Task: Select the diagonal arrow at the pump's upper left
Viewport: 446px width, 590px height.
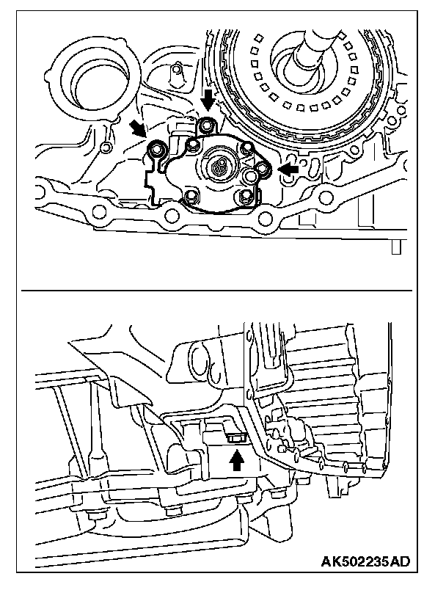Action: pos(137,129)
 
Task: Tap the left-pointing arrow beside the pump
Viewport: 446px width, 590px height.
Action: pos(290,169)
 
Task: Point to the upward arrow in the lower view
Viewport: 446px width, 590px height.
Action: pos(236,461)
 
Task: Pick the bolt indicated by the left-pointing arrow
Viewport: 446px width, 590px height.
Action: pos(265,170)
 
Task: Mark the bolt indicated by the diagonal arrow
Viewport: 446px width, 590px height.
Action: pos(156,151)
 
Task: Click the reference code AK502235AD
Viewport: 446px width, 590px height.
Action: pos(365,562)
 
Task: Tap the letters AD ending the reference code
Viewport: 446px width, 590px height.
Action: pos(399,562)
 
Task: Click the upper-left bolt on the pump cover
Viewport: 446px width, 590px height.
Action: pos(192,145)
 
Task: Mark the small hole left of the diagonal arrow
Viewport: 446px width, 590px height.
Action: pos(106,149)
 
